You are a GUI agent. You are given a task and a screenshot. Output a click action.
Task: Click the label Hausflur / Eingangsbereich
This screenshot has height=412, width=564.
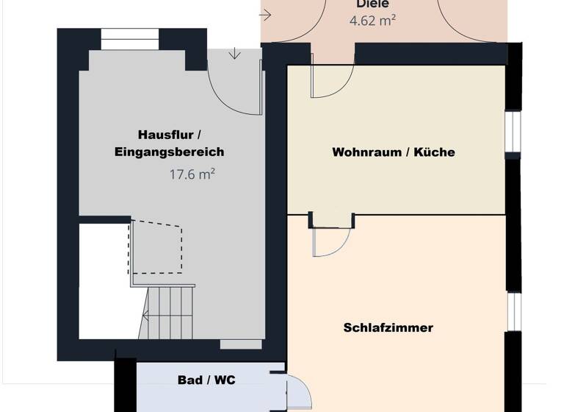point(169,143)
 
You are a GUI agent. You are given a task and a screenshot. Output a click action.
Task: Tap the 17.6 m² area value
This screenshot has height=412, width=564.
point(192,174)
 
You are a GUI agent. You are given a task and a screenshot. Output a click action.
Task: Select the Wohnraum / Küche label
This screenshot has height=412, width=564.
point(393,152)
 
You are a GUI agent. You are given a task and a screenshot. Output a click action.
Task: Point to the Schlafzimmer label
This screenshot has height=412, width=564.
point(388,327)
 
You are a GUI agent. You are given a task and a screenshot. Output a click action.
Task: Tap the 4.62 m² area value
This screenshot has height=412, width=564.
point(372,21)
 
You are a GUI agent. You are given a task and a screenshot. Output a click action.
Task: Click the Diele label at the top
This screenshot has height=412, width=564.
point(372,4)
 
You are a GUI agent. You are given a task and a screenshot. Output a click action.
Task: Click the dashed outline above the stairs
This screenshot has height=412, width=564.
point(157,246)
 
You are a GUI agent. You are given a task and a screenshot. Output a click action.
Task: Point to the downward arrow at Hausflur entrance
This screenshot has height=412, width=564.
point(234,54)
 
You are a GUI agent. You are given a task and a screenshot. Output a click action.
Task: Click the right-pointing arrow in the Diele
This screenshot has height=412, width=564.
point(265,15)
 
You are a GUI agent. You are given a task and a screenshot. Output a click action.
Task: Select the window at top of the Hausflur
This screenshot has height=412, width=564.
point(129,39)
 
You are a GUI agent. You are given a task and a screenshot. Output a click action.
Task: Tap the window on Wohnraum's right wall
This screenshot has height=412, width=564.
point(513,135)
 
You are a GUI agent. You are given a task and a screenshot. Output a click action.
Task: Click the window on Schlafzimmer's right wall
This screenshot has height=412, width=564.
point(513,311)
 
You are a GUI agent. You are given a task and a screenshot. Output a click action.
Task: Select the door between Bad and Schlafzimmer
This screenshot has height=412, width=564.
point(298,393)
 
